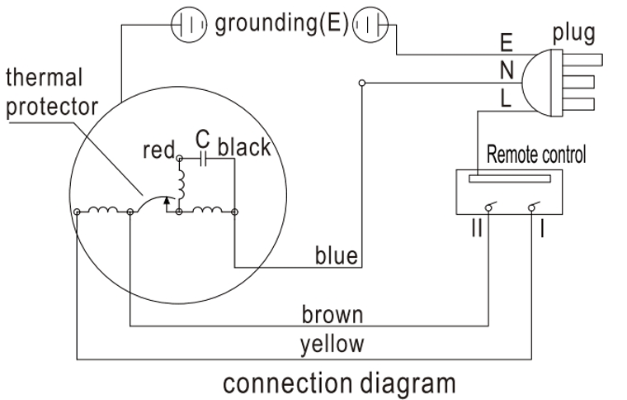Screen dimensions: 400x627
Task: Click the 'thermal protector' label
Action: pos(51,93)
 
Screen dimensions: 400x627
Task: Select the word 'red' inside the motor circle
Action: pos(158,150)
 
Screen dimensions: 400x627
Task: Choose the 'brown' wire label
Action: pos(332,315)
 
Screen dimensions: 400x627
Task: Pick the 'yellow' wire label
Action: pos(332,343)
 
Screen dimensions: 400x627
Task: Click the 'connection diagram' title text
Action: pos(338,383)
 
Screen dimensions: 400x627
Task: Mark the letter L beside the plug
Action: pos(507,99)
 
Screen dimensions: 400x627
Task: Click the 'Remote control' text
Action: pos(536,154)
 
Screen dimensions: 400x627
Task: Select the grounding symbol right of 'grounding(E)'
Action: pos(369,26)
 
